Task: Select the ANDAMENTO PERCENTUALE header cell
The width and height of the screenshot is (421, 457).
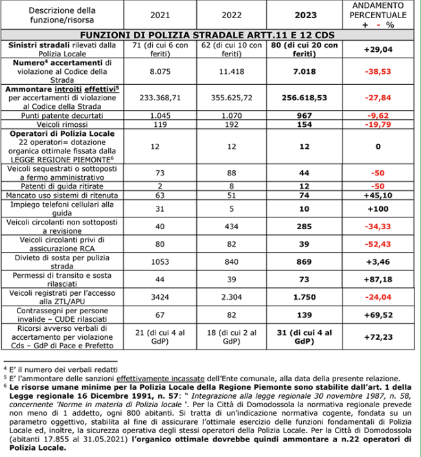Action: pyautogui.click(x=381, y=14)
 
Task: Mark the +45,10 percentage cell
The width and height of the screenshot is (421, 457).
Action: pyautogui.click(x=381, y=195)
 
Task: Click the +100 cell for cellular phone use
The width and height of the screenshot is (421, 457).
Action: pyautogui.click(x=381, y=208)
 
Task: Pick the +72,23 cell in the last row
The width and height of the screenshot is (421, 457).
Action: pyautogui.click(x=381, y=337)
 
